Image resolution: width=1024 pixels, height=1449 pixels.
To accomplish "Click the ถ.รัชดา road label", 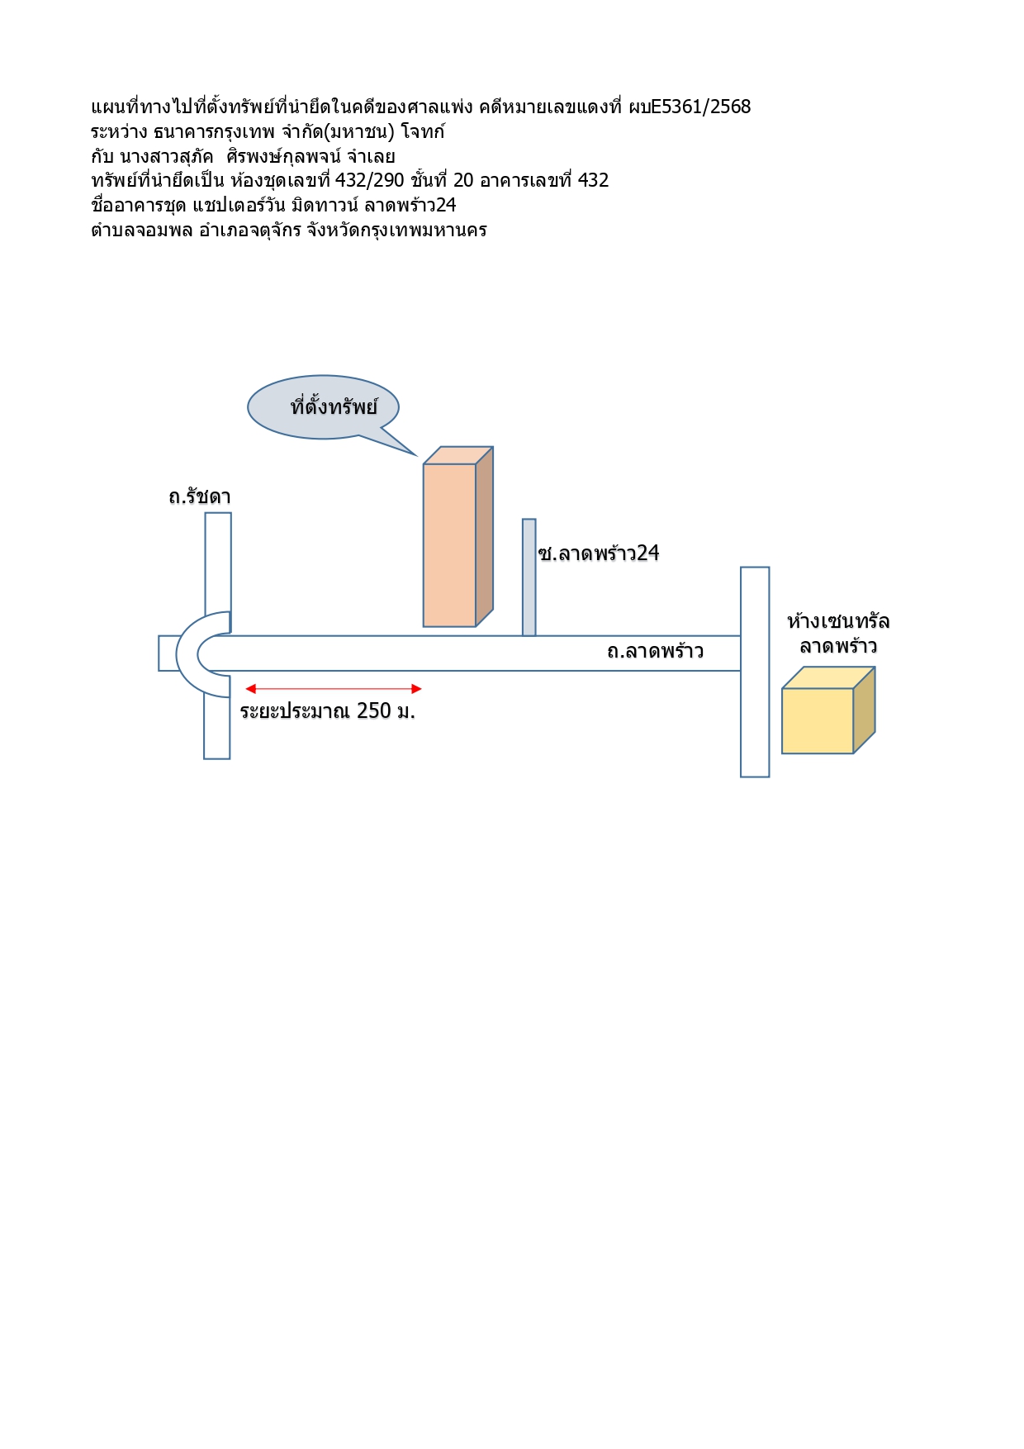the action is click(x=200, y=496).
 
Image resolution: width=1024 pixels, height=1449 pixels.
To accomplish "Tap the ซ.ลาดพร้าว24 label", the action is click(x=599, y=553).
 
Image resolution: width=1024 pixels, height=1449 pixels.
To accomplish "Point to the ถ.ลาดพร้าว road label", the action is click(x=655, y=651).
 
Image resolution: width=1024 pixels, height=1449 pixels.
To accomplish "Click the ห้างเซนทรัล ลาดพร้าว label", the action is click(x=838, y=633).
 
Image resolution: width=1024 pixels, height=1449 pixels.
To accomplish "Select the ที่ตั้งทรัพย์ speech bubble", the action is click(x=324, y=407).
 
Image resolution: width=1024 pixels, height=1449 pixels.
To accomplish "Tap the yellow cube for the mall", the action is click(x=828, y=710).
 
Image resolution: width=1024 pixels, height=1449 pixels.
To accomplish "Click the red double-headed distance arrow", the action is click(x=334, y=689).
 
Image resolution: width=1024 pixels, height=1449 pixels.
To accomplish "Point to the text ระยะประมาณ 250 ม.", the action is click(x=328, y=710).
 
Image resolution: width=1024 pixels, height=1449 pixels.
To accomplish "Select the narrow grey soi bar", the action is click(x=529, y=577).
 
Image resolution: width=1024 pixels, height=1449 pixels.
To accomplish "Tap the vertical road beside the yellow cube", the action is click(x=755, y=672).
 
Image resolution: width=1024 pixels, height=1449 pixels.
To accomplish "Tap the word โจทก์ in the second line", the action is click(x=423, y=131).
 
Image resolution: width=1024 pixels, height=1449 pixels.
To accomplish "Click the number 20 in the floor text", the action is click(x=463, y=180).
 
